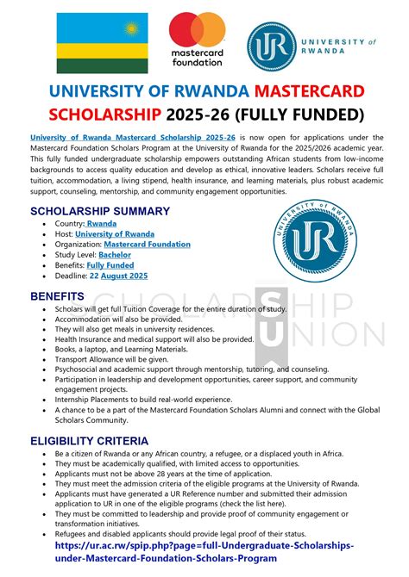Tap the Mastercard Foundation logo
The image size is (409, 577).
pyautogui.click(x=197, y=39)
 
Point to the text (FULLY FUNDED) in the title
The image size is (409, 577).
pyautogui.click(x=280, y=114)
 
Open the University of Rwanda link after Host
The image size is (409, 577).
pyautogui.click(x=115, y=233)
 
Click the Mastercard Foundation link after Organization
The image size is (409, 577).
pyautogui.click(x=147, y=245)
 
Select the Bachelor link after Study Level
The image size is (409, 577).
pyautogui.click(x=115, y=255)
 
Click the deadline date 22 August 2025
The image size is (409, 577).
pyautogui.click(x=119, y=276)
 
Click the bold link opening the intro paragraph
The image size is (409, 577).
pyautogui.click(x=133, y=138)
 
